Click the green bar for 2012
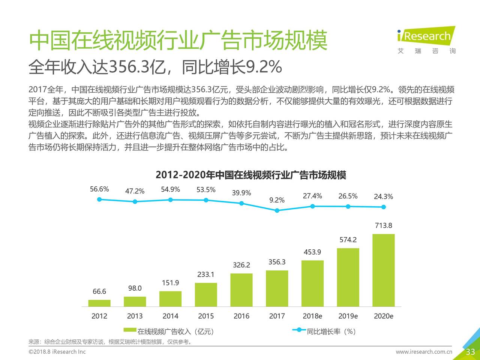pos(99,303)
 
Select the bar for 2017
pos(277,288)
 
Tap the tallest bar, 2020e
pos(383,270)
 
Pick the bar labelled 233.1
pos(206,294)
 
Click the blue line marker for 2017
pos(277,210)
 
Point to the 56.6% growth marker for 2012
pos(99,199)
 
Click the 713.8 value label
pos(383,225)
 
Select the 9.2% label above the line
pos(277,200)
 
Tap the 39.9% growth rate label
pos(241,193)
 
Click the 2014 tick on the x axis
pos(170,316)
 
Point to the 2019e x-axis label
pos(348,316)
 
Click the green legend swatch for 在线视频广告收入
pos(130,330)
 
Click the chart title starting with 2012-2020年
pos(251,175)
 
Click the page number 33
pos(470,352)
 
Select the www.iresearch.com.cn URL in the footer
pos(424,352)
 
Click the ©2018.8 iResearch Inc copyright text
pos(57,352)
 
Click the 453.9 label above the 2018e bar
pos(312,252)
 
